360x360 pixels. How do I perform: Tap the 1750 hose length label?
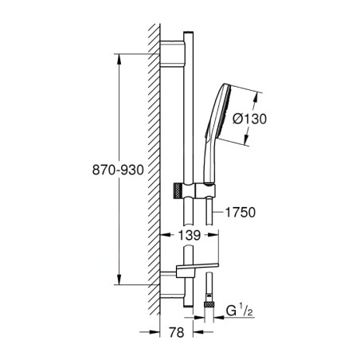tap(243, 213)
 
